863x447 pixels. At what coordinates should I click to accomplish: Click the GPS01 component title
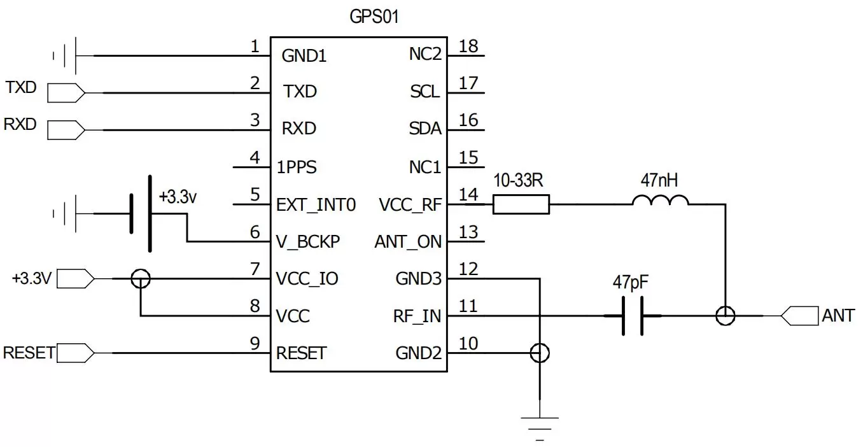click(374, 17)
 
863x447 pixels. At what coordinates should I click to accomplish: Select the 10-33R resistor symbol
click(521, 204)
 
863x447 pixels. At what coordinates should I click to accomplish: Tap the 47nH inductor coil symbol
click(660, 201)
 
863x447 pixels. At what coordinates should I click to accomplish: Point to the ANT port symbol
click(799, 315)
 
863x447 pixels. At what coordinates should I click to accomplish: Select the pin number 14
click(468, 194)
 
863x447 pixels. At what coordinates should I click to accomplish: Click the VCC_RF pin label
click(410, 205)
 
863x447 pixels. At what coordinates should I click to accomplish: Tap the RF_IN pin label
click(417, 316)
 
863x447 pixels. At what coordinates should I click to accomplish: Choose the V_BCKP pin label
click(308, 242)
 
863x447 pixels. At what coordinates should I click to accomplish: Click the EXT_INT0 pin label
click(316, 205)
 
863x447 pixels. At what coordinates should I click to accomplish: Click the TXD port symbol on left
click(66, 93)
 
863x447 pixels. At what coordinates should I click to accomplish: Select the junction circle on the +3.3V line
click(141, 278)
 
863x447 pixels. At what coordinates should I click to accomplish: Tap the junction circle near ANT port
click(725, 315)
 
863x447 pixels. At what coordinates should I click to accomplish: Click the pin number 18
click(468, 46)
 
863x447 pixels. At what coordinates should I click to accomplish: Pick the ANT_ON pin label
click(408, 242)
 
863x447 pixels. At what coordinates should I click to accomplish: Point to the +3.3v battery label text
click(178, 197)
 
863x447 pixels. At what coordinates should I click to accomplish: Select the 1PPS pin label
click(297, 168)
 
